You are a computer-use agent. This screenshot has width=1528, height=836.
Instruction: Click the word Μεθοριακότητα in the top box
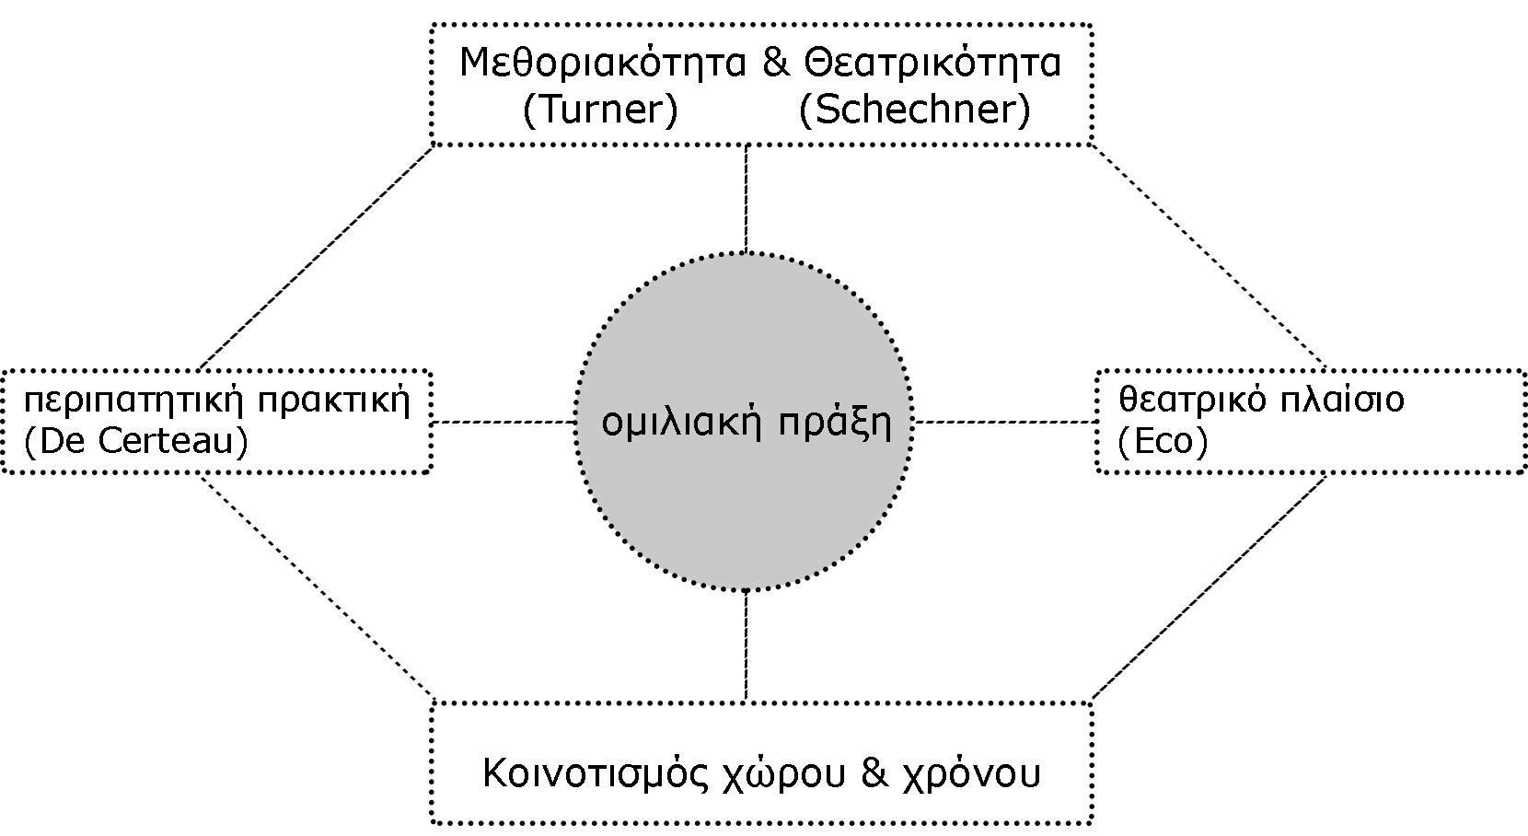tap(601, 64)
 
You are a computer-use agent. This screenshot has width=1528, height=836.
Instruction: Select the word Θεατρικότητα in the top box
tap(932, 64)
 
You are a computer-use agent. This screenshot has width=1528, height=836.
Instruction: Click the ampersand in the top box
tap(776, 64)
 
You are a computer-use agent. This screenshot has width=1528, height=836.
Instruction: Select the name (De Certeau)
tap(136, 442)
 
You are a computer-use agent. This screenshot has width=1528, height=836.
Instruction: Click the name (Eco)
tap(1162, 442)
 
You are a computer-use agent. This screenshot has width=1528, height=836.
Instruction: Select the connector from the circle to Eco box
tap(1004, 423)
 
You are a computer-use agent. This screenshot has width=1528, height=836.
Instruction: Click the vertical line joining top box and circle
tap(746, 198)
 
